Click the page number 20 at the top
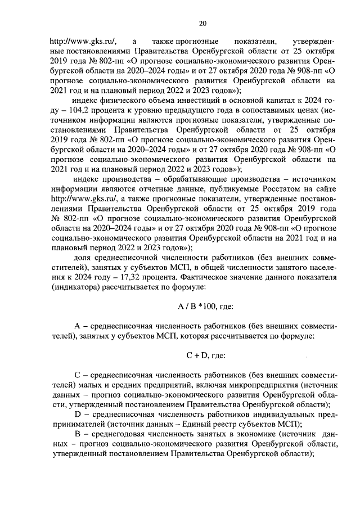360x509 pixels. pyautogui.click(x=203, y=23)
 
